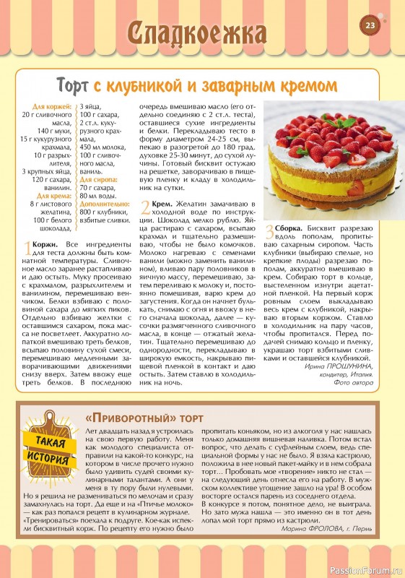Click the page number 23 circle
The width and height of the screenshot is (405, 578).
pyautogui.click(x=370, y=26)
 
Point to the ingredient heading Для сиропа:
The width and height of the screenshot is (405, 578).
pyautogui.click(x=97, y=178)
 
